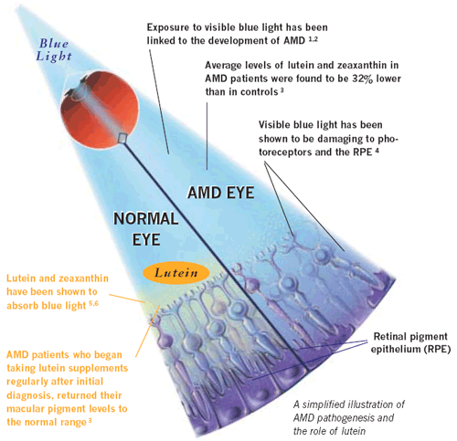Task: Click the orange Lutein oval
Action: point(176,273)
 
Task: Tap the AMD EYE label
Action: point(221,193)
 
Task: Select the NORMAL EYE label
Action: point(146,229)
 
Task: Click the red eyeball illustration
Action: point(100,110)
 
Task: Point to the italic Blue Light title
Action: point(54,50)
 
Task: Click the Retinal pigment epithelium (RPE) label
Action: point(410,342)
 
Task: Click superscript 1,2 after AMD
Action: point(314,38)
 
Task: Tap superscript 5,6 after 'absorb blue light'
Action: point(94,303)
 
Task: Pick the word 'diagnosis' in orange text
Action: point(29,395)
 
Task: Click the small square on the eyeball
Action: point(122,138)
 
